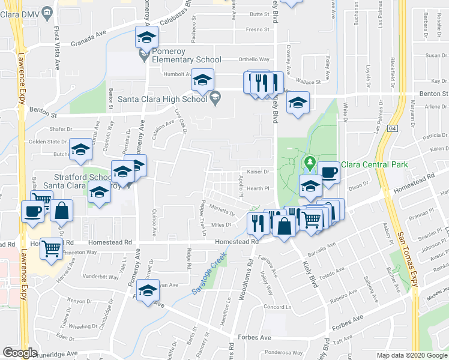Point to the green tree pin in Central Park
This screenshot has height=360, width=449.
pos(310,163)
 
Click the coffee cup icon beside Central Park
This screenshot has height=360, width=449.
pos(328,173)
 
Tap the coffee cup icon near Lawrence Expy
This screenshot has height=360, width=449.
pos(33,211)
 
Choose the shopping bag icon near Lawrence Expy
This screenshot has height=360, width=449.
pos(62,211)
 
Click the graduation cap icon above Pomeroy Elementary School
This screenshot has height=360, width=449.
pos(146,38)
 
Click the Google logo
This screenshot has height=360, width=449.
pos(20,352)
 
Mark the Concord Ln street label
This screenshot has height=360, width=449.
pos(277,307)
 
